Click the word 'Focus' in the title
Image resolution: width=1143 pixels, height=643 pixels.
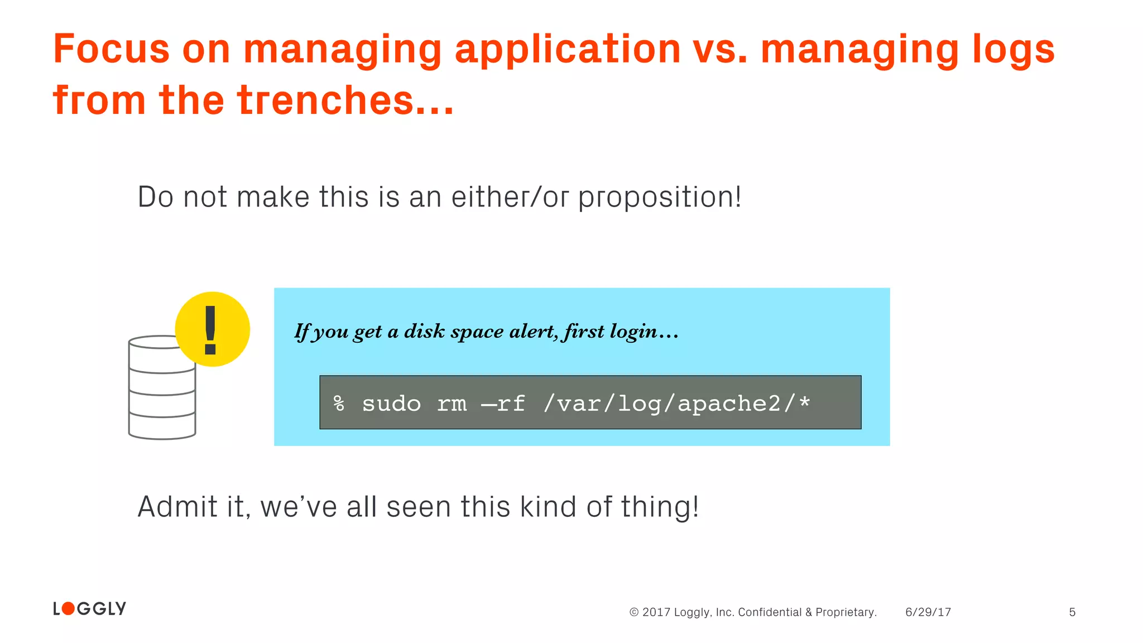[111, 49]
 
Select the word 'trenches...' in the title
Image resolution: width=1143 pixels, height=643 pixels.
[345, 100]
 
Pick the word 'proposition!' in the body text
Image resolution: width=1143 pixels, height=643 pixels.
[660, 198]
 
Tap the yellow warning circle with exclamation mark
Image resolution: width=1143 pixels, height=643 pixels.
[212, 329]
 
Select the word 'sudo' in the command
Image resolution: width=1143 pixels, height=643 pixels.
[391, 403]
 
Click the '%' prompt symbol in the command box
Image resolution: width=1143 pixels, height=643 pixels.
[339, 403]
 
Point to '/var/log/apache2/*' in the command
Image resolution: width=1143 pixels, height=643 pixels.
[677, 403]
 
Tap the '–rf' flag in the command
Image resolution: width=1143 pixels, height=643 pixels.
[503, 403]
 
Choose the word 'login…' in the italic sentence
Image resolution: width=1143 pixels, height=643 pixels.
[644, 332]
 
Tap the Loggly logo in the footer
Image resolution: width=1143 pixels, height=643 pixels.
[90, 608]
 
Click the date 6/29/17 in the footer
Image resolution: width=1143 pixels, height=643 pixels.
[928, 612]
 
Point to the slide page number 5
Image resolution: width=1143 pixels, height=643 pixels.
[1072, 612]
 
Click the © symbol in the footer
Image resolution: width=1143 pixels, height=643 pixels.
[634, 612]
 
